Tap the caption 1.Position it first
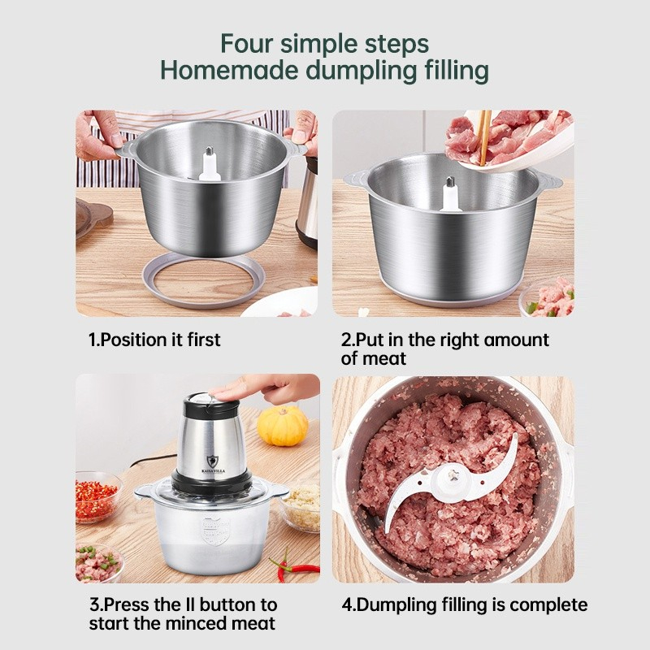click(154, 340)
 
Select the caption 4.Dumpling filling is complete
click(464, 604)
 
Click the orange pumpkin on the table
click(283, 425)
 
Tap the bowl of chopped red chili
click(95, 497)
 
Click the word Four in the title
click(249, 42)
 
